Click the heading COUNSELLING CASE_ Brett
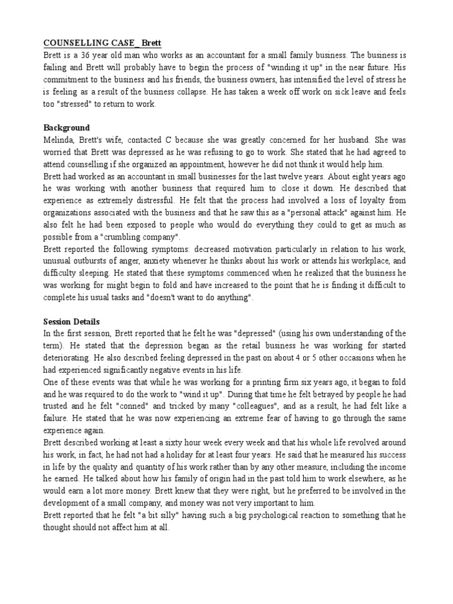[x=101, y=43]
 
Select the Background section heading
[x=66, y=127]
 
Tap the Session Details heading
[x=71, y=321]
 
